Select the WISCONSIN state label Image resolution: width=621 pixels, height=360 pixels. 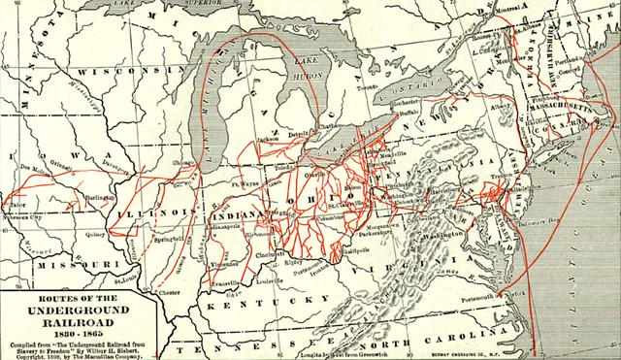click(112, 72)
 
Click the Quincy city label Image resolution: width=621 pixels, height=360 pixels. click(94, 234)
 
